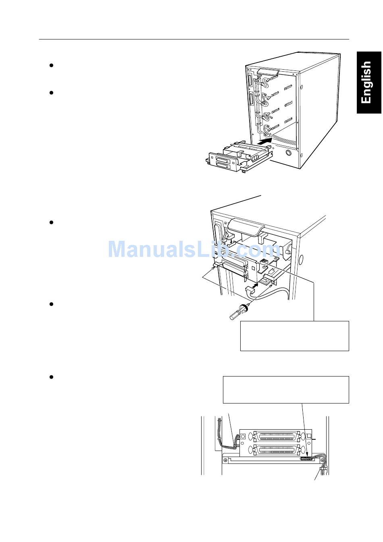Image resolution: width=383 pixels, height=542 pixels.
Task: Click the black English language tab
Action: pos(369,82)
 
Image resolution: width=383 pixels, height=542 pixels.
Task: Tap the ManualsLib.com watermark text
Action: pos(191,249)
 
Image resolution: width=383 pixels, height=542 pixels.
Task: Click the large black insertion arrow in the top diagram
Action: pos(265,141)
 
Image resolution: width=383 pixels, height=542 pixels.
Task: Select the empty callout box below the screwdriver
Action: pos(294,336)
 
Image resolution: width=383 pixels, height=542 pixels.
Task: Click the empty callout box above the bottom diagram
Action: pos(285,389)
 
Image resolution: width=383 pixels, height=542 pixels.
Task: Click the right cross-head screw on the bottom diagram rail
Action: pos(322,460)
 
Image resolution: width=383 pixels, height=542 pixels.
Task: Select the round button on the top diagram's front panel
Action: pos(288,153)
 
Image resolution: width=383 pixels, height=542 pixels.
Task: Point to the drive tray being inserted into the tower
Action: pos(234,157)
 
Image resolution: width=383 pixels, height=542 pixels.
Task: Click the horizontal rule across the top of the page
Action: pos(194,39)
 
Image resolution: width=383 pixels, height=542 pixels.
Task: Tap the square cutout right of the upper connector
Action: pos(309,436)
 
